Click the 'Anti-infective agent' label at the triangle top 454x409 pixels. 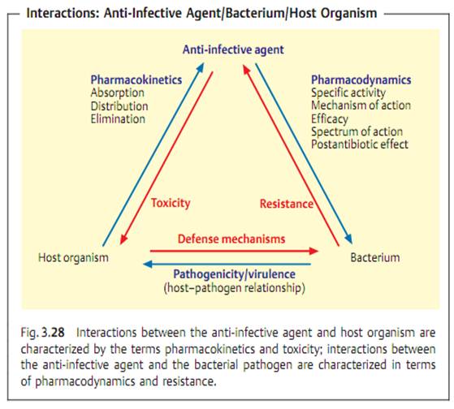233,50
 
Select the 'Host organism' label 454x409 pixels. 74,258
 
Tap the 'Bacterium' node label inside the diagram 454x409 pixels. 375,257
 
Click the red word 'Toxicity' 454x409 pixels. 171,204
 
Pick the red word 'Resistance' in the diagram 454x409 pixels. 287,204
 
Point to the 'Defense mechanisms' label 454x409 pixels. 231,239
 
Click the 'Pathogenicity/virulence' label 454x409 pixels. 234,274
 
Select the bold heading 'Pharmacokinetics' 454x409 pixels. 136,80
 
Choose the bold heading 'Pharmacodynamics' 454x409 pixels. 361,80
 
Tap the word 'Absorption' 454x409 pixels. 118,93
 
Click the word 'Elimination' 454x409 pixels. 118,119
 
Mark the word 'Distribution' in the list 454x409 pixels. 119,106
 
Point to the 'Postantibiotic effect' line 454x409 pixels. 360,144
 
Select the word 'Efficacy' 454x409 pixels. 330,119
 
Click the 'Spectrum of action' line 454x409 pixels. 357,132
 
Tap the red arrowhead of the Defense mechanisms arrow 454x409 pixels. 313,251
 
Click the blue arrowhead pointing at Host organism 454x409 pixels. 148,264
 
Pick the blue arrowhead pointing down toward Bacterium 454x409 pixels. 349,239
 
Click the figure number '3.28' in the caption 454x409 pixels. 53,333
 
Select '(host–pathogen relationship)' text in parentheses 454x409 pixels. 234,288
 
